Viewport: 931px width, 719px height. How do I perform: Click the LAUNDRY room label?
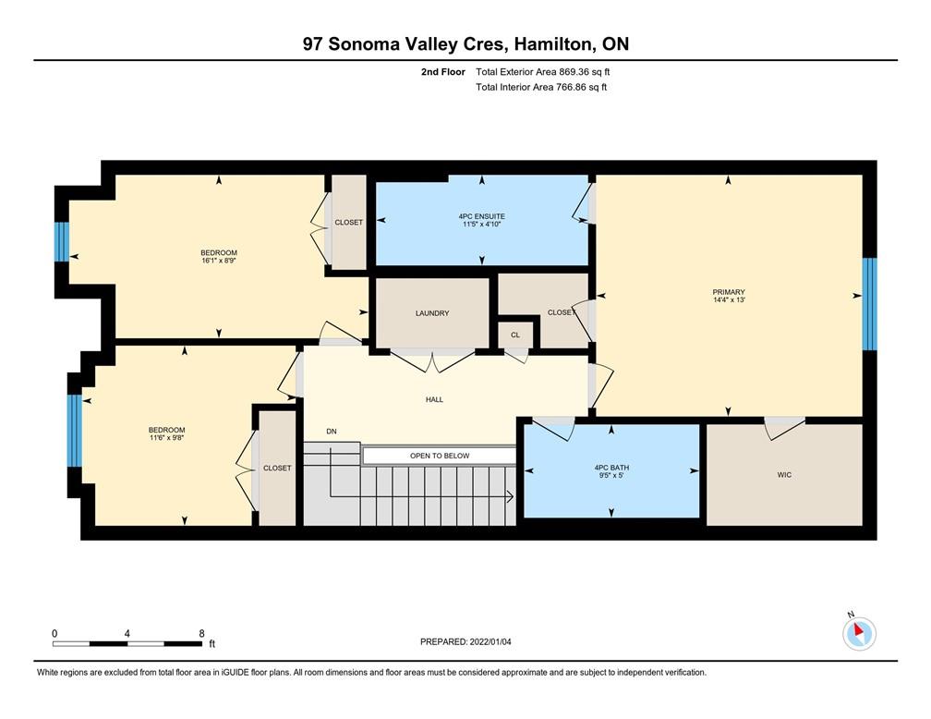pyautogui.click(x=432, y=313)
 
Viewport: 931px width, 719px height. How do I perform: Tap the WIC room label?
pyautogui.click(x=784, y=475)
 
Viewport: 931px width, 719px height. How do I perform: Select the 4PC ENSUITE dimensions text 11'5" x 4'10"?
pyautogui.click(x=482, y=225)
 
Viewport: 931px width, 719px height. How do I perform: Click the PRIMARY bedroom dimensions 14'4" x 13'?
pyautogui.click(x=729, y=300)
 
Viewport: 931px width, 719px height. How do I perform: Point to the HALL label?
pyautogui.click(x=435, y=400)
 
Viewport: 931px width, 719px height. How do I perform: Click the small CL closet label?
pyautogui.click(x=515, y=335)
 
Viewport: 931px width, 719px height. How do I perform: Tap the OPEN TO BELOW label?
pyautogui.click(x=440, y=456)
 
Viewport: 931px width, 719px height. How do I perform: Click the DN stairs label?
pyautogui.click(x=332, y=432)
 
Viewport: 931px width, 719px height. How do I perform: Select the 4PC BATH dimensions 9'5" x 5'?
pyautogui.click(x=611, y=475)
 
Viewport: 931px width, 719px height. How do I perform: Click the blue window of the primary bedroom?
pyautogui.click(x=869, y=304)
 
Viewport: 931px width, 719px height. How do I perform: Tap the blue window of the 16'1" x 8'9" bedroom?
pyautogui.click(x=62, y=242)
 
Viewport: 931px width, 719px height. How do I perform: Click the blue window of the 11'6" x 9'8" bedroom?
pyautogui.click(x=74, y=431)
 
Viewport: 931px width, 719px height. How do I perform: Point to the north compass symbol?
pyautogui.click(x=859, y=633)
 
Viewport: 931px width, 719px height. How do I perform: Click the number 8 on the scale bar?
pyautogui.click(x=202, y=633)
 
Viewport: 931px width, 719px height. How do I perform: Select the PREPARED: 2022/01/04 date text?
pyautogui.click(x=465, y=641)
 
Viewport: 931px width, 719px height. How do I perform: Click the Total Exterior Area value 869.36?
pyautogui.click(x=573, y=72)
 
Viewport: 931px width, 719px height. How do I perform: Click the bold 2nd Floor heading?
pyautogui.click(x=443, y=72)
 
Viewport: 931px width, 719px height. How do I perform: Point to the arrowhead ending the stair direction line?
pyautogui.click(x=510, y=497)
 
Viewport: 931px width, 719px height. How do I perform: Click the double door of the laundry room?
pyautogui.click(x=432, y=361)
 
